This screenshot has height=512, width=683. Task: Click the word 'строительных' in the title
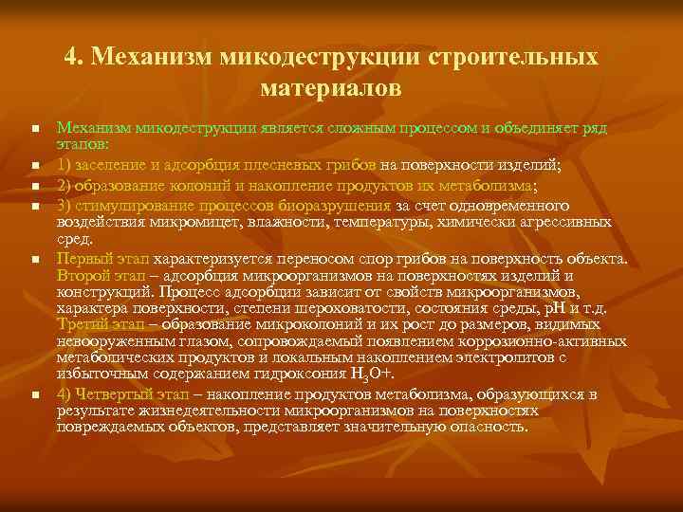coord(512,57)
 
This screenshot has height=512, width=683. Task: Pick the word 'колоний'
coord(186,185)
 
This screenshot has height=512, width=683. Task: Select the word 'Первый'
coord(83,259)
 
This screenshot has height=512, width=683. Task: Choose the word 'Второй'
coord(82,276)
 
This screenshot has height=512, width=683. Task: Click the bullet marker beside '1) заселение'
coord(33,165)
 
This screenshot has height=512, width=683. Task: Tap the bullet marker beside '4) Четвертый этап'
coord(33,395)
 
